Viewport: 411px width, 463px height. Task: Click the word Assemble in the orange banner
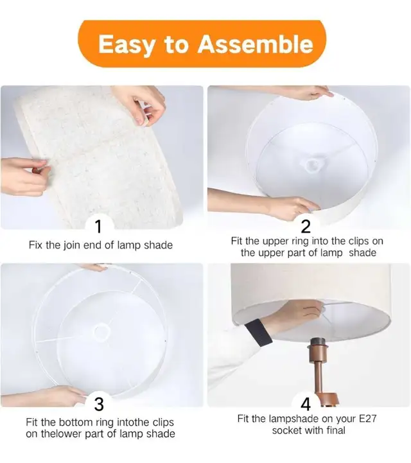click(255, 44)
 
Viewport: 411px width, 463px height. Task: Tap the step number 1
click(99, 227)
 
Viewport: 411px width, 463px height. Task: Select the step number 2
click(306, 227)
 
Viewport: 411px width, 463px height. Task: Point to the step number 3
click(99, 404)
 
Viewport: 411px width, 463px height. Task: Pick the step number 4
click(306, 404)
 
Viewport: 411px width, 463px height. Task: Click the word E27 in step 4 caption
click(367, 419)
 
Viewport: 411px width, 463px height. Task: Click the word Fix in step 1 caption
click(35, 245)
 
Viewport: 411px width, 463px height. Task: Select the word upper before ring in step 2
click(275, 241)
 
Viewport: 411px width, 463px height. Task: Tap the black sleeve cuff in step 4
click(258, 332)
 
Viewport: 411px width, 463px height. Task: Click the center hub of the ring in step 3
click(101, 331)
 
